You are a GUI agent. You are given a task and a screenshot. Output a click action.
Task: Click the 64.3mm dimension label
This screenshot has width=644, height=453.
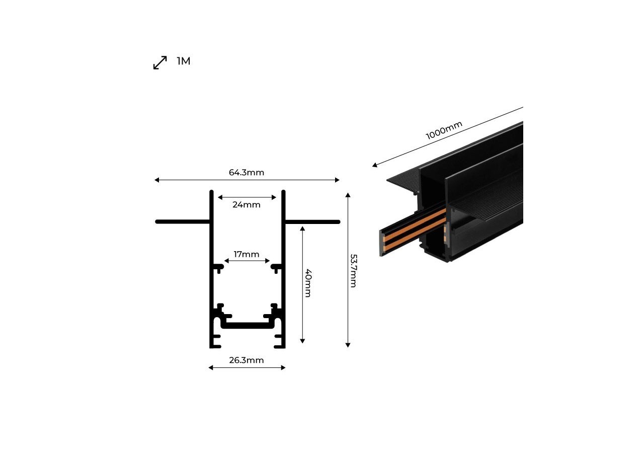coord(246,173)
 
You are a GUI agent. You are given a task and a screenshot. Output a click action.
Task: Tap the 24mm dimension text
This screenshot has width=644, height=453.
coord(247,205)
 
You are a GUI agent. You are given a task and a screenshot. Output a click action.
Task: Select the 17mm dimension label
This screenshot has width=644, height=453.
coord(247,254)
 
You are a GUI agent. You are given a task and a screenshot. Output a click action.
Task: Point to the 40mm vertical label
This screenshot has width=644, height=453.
coord(308,283)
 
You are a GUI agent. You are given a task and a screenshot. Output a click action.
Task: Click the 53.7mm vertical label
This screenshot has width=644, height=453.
coord(353,270)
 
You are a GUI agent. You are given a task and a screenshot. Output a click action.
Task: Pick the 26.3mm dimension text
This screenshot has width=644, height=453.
coord(247,360)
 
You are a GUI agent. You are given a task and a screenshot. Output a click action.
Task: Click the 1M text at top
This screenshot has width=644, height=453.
coord(183,61)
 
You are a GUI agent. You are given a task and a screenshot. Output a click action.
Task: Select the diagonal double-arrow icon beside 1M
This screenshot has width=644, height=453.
coord(160,63)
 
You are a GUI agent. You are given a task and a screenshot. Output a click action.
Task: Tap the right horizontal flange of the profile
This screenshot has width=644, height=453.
coord(312,221)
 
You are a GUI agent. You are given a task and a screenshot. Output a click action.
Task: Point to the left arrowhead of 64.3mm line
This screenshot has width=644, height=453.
coord(157,180)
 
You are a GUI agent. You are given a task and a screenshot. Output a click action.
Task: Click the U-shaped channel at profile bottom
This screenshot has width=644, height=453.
coord(247,325)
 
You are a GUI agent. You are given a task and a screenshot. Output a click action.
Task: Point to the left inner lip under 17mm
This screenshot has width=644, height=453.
coord(219,266)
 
